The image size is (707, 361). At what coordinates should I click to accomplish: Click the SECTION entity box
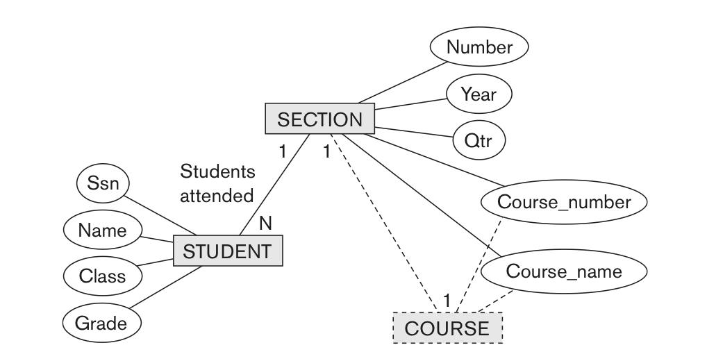[319, 119]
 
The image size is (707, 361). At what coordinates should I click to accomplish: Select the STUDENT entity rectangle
[227, 251]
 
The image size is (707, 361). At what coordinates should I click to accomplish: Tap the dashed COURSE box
[447, 328]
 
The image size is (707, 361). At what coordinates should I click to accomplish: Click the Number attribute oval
[479, 47]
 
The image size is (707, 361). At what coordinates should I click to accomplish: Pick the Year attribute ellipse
[479, 94]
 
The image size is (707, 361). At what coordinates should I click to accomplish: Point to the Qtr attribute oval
[479, 140]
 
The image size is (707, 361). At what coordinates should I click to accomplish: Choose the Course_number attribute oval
[564, 202]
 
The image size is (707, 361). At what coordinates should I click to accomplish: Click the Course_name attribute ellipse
[563, 271]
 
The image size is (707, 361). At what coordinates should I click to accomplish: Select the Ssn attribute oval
[103, 184]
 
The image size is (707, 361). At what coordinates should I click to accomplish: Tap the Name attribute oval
[102, 230]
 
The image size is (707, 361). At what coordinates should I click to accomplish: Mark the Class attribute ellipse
[102, 276]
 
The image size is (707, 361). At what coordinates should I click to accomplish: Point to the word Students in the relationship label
[217, 171]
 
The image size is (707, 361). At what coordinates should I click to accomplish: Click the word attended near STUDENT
[217, 196]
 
